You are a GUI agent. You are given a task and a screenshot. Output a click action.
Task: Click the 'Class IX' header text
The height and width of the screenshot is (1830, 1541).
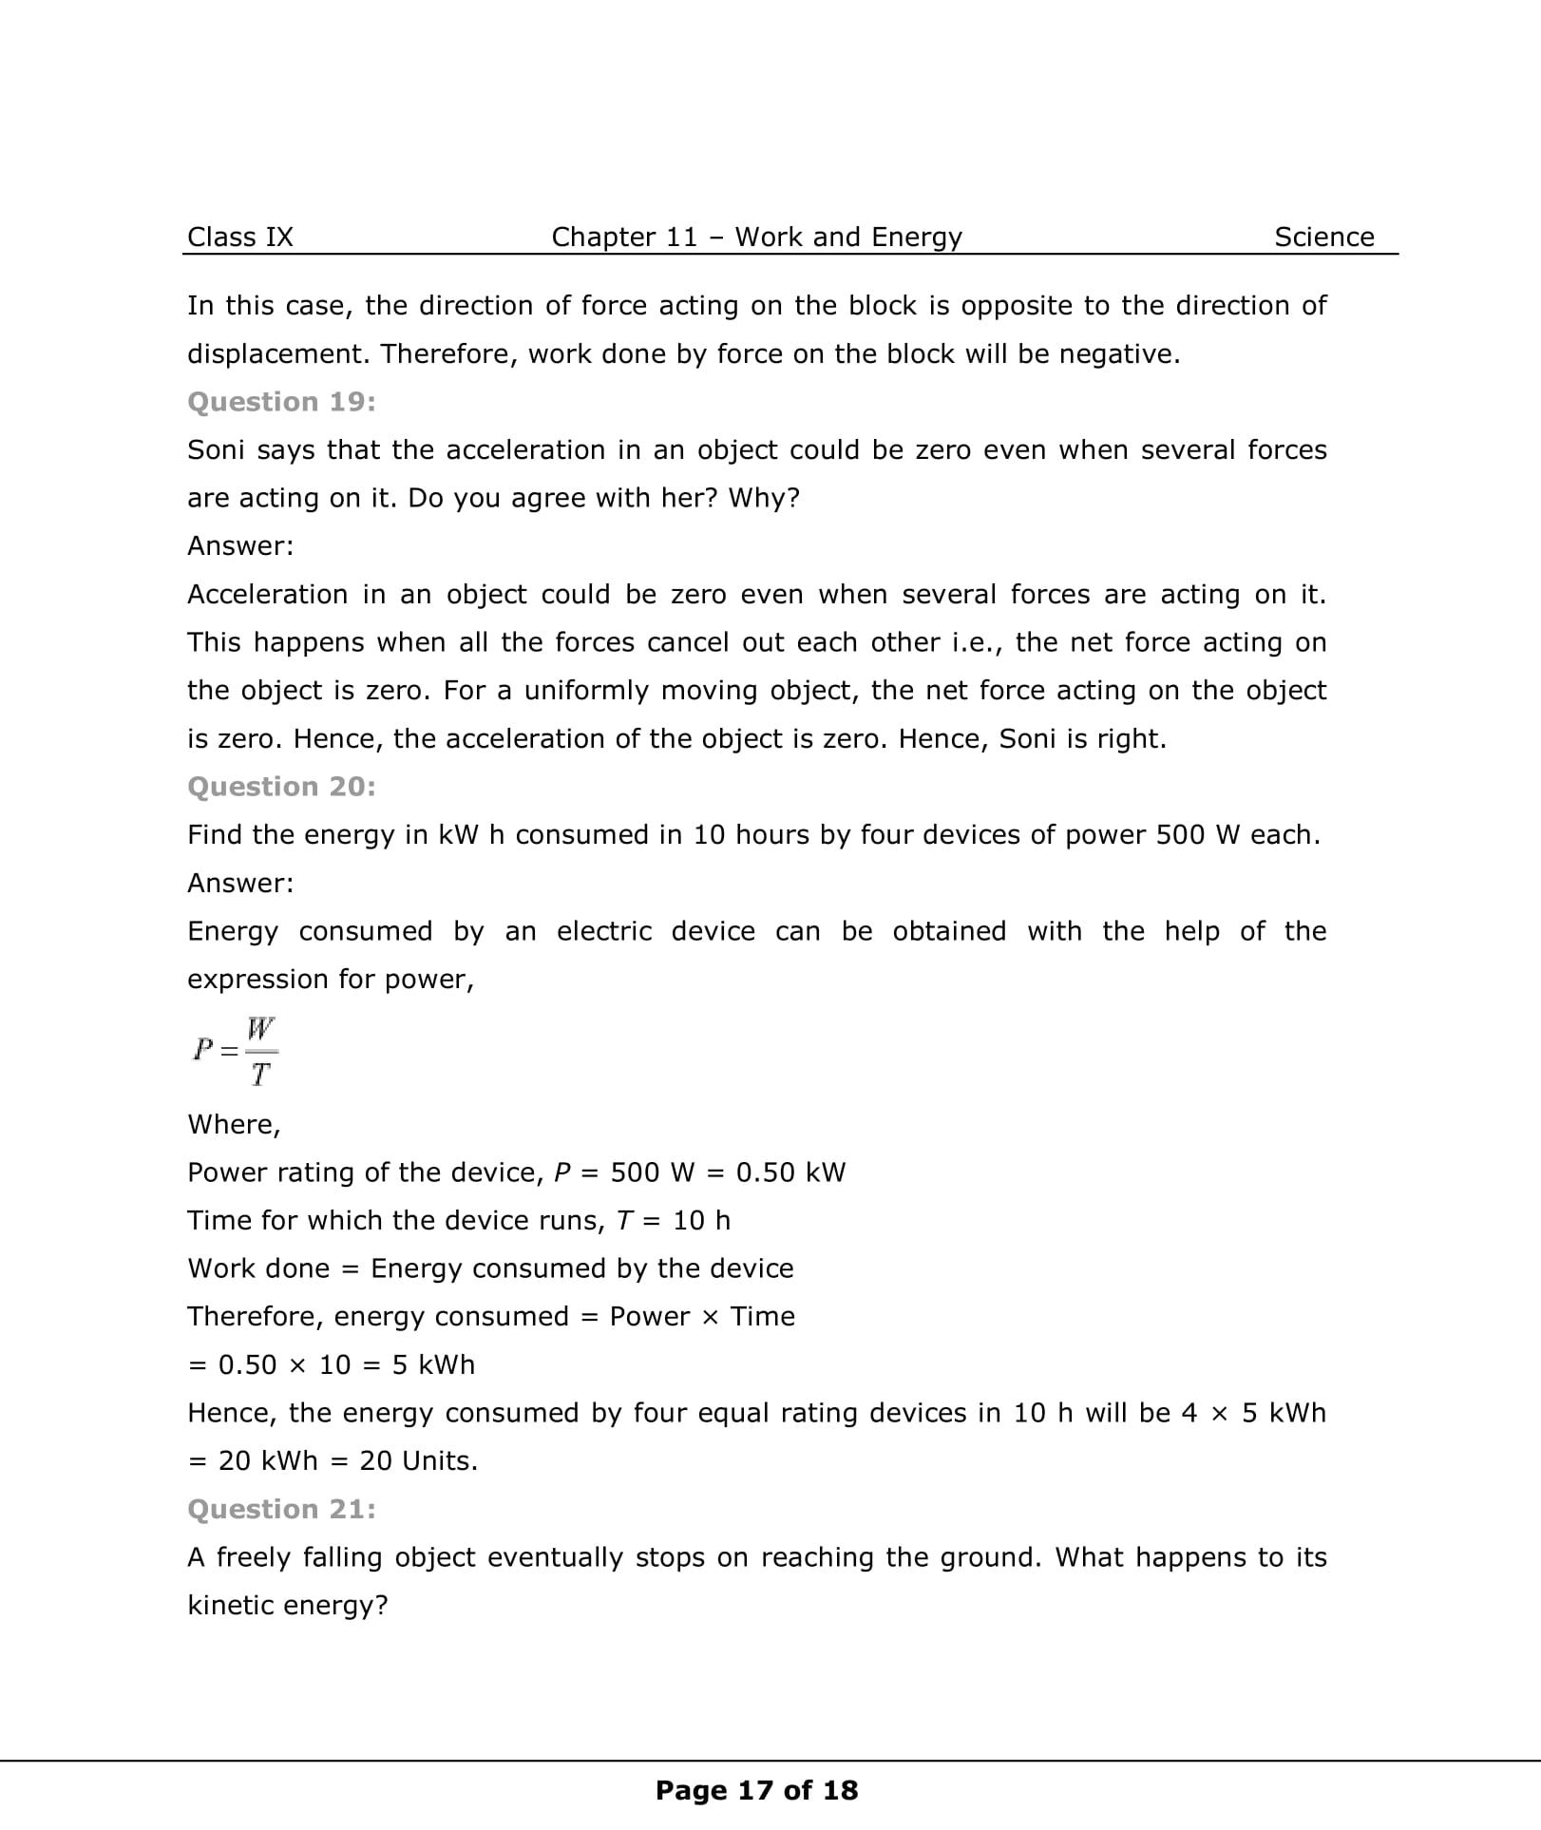point(240,237)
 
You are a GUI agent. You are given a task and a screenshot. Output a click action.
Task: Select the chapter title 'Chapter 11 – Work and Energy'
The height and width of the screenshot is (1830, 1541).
point(756,237)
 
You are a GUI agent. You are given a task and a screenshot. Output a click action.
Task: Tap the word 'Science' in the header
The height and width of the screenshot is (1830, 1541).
point(1323,237)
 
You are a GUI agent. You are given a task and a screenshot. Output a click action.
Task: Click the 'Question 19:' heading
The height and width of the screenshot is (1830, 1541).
point(281,402)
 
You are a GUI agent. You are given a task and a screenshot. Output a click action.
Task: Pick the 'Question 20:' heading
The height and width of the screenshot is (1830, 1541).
point(281,787)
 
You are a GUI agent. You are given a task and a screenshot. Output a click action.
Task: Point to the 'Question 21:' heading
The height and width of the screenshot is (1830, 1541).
point(281,1509)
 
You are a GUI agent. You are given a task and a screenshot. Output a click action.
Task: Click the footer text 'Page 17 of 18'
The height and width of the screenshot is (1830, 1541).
point(756,1790)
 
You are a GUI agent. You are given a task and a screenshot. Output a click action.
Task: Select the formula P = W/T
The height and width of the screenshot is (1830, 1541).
point(235,1051)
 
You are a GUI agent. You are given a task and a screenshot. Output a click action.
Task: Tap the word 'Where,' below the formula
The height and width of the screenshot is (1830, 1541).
point(234,1124)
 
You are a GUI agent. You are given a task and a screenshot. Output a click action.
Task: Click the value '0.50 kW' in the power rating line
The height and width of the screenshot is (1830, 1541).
point(790,1172)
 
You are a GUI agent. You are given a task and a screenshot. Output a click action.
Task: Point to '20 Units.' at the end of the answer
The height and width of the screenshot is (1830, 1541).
point(418,1460)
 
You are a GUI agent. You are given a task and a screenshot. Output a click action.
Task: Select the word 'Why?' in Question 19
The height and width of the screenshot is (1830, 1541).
point(764,498)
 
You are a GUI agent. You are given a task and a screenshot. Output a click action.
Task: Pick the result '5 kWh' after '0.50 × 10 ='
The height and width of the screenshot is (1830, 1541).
point(433,1364)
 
